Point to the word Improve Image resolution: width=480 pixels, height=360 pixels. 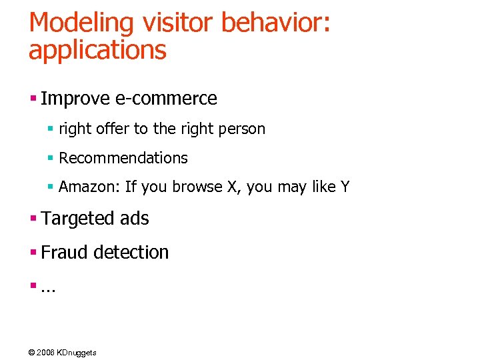[74, 99]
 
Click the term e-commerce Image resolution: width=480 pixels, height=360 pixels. [165, 99]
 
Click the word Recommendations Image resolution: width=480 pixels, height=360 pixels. [123, 158]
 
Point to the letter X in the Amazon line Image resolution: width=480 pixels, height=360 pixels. [232, 187]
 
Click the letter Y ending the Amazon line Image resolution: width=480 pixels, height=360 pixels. [345, 187]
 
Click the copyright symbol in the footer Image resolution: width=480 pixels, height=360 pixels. [32, 352]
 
